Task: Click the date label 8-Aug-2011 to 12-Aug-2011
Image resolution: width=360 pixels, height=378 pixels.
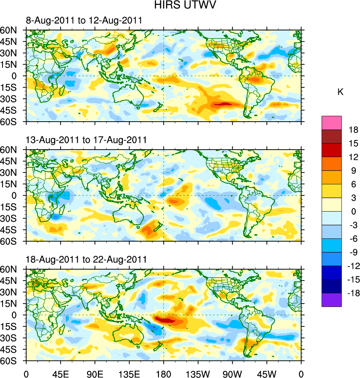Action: coord(84,21)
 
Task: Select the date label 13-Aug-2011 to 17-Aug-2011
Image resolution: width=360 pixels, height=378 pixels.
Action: coord(86,140)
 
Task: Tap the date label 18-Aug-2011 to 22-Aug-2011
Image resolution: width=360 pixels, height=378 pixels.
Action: coord(86,259)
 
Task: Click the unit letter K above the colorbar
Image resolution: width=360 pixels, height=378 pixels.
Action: coord(340,92)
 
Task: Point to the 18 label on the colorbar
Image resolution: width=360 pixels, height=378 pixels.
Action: coord(353,130)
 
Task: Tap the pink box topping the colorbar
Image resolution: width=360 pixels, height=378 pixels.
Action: coord(332,122)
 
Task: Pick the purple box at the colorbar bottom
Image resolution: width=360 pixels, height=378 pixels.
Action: coord(332,300)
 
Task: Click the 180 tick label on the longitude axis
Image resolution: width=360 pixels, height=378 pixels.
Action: coord(164,373)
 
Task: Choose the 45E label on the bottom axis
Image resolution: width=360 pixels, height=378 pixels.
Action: coord(60,373)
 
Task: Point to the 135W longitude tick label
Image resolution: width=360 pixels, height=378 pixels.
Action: coord(198,373)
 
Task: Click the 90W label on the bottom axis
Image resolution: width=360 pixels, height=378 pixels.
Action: coord(232,373)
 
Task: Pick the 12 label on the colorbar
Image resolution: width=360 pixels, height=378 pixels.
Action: coord(353,157)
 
